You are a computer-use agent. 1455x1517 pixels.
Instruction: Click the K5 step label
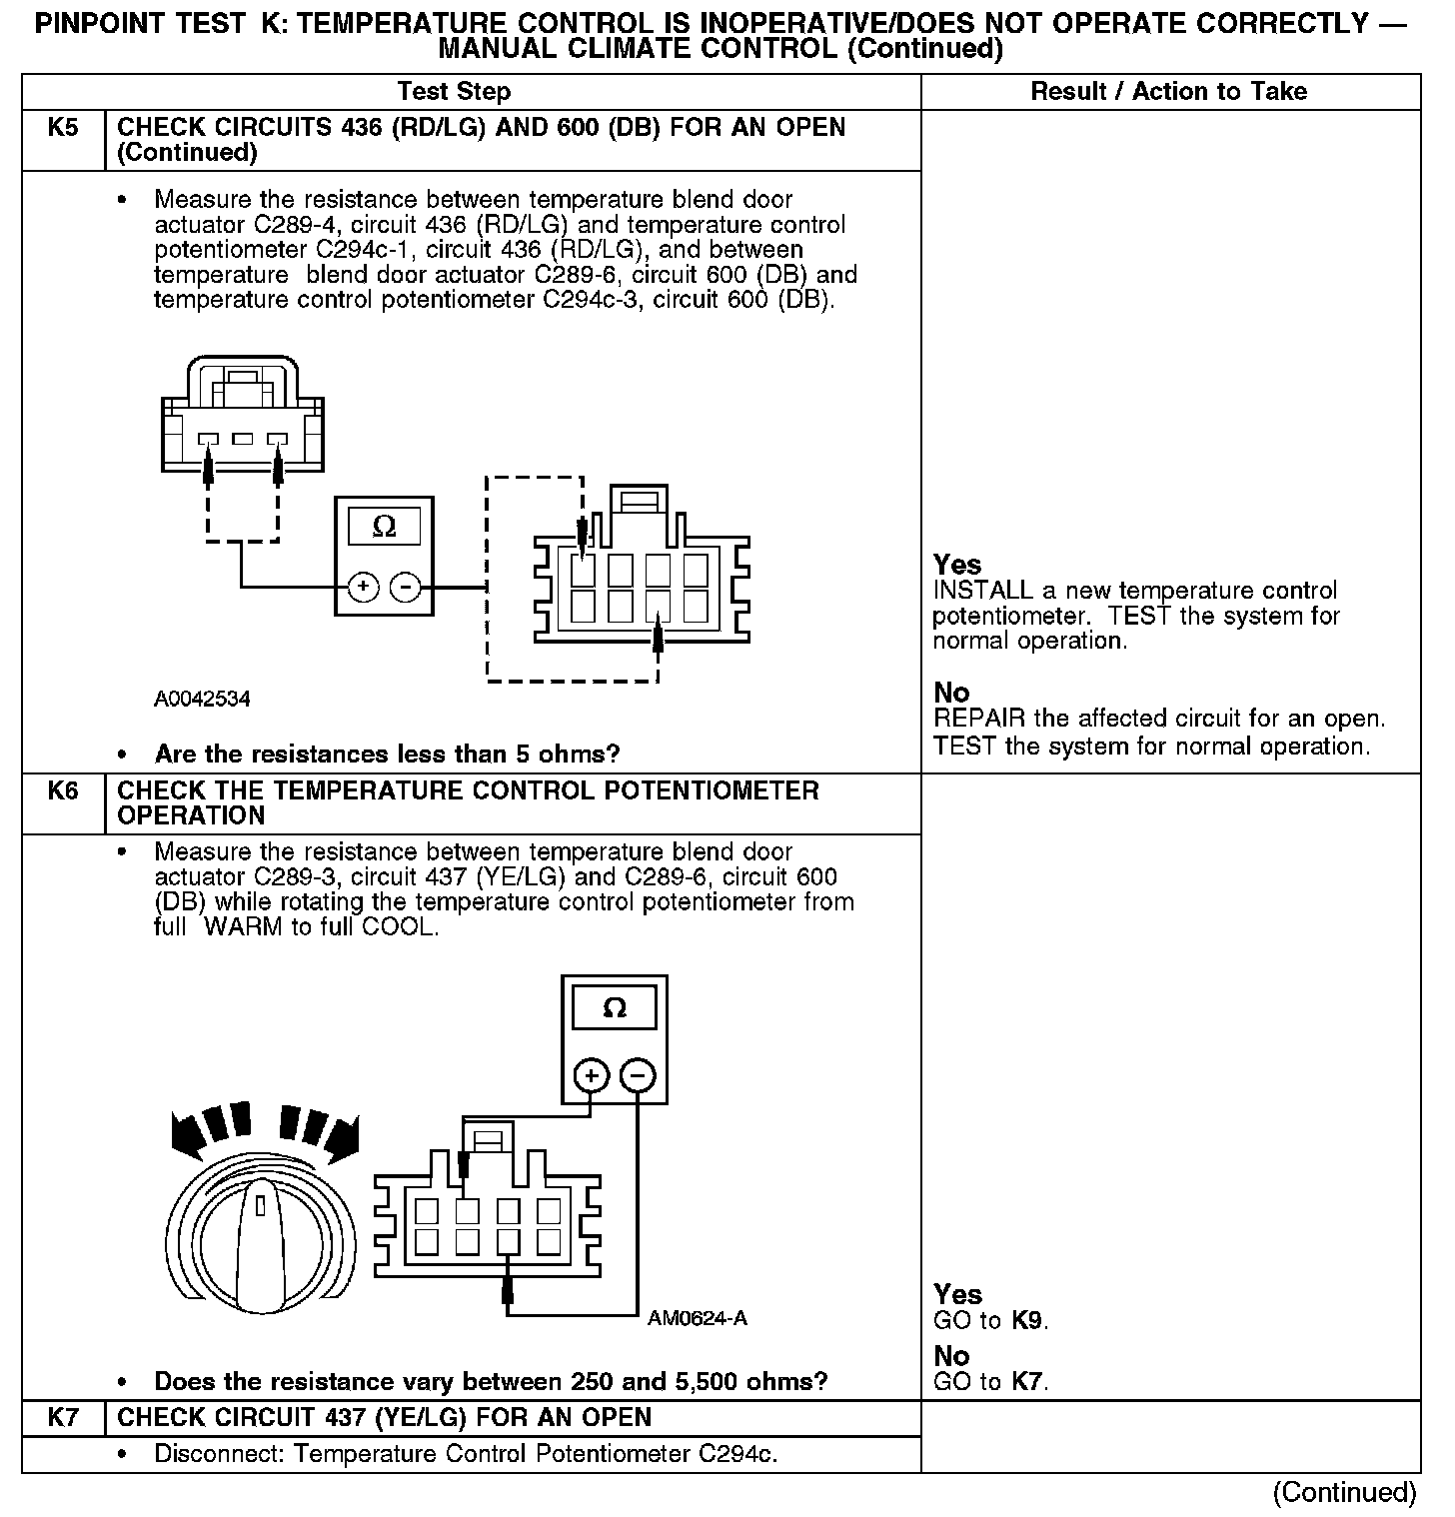click(x=62, y=128)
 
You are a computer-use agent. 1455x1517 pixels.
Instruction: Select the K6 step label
click(x=62, y=791)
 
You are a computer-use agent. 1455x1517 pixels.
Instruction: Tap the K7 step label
click(x=62, y=1417)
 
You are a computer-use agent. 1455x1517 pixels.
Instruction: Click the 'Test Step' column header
click(x=454, y=92)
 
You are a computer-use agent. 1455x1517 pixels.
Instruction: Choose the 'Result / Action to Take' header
click(x=1168, y=92)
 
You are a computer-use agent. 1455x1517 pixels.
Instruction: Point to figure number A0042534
click(x=202, y=700)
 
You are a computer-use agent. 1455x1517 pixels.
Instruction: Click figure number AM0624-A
click(x=697, y=1318)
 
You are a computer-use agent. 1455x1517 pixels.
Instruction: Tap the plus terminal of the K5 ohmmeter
click(x=363, y=588)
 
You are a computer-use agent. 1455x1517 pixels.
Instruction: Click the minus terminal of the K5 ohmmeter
click(x=405, y=588)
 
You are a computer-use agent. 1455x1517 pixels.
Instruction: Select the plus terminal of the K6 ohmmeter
click(x=592, y=1076)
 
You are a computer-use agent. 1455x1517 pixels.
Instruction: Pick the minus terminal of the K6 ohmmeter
click(x=639, y=1076)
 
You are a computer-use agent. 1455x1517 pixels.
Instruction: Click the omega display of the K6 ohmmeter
click(x=615, y=1008)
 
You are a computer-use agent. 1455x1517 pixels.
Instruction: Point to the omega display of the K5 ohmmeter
click(x=384, y=528)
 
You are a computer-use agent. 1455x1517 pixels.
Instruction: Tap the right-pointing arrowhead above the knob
click(x=342, y=1136)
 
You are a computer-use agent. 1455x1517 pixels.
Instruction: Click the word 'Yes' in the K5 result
click(x=957, y=565)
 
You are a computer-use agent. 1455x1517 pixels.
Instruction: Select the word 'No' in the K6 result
click(x=951, y=1356)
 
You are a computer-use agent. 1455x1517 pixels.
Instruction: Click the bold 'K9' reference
click(x=1027, y=1320)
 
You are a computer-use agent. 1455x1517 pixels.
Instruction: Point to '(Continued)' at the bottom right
click(x=1344, y=1492)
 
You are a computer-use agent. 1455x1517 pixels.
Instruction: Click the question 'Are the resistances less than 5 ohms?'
click(x=388, y=754)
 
